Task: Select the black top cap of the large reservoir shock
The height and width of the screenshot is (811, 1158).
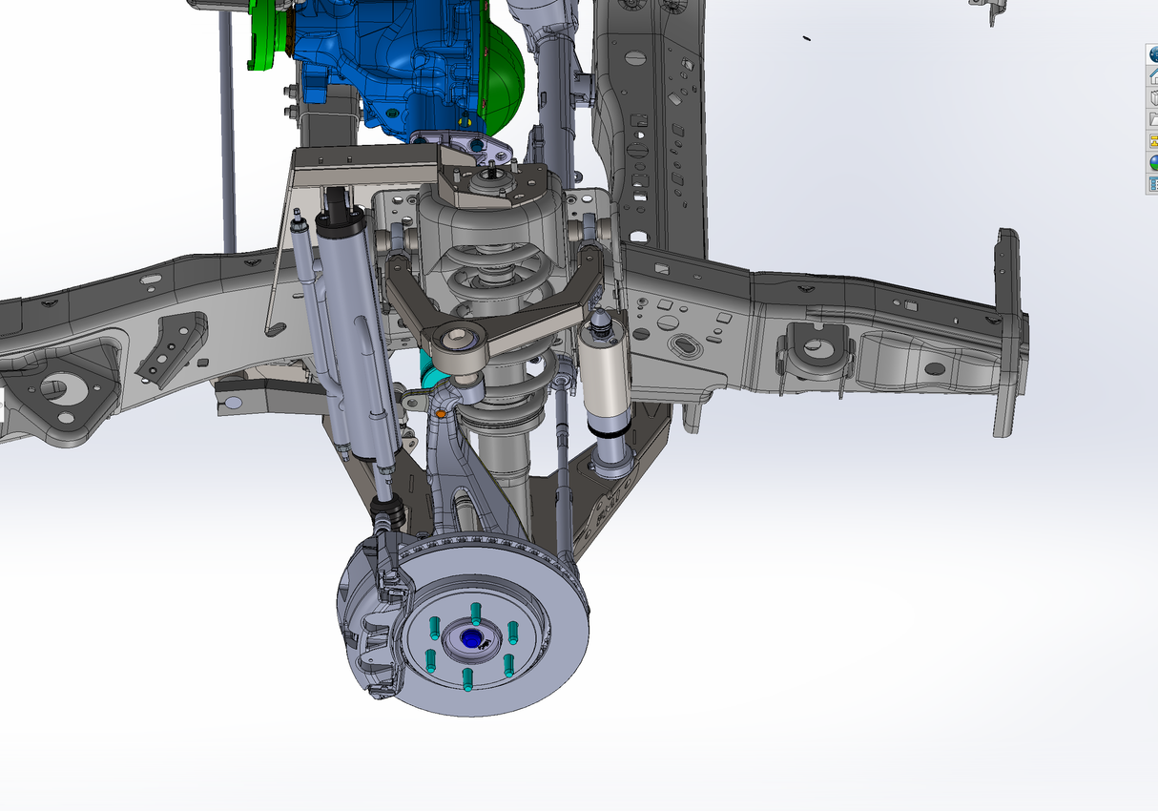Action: [x=342, y=223]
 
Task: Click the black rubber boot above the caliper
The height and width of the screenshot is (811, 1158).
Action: [x=389, y=516]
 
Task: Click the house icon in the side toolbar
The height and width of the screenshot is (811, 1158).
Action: [x=1152, y=75]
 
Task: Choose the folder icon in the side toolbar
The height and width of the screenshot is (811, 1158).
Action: [x=1152, y=118]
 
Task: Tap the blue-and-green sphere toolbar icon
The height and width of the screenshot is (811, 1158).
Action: [x=1152, y=161]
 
